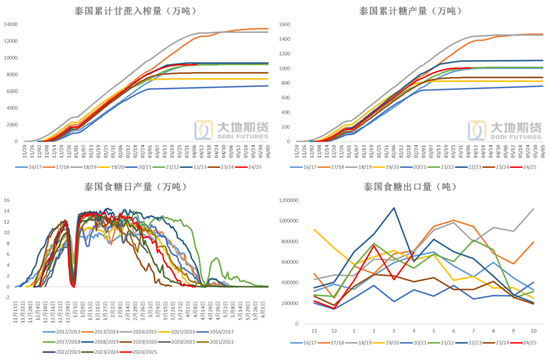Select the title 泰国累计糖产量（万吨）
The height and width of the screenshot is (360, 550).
pos(413,10)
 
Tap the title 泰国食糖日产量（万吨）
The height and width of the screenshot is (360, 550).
pos(137,187)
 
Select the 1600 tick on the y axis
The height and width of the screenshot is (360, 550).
pos(286,23)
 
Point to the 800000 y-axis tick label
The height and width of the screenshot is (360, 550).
pos(296,243)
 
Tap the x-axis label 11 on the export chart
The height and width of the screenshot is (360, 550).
pos(315,329)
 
